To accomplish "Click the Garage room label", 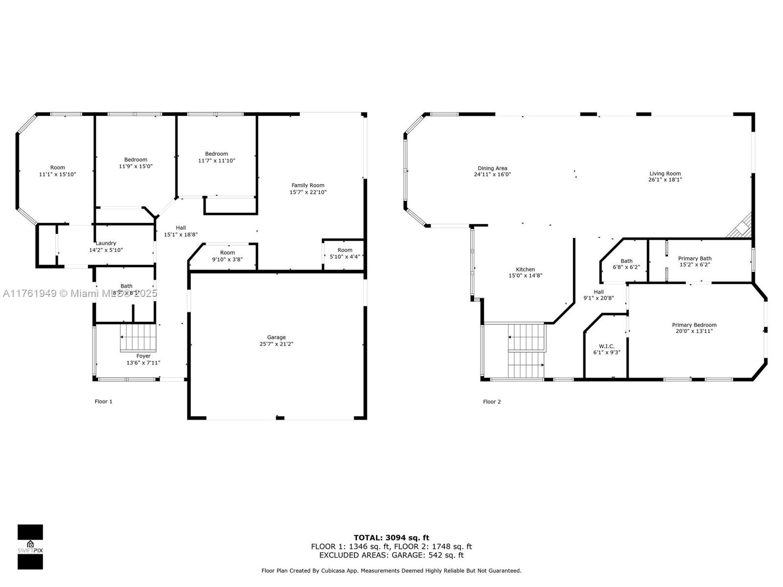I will (276, 338).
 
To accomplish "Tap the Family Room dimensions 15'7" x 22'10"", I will (308, 192).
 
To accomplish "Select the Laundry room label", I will (106, 243).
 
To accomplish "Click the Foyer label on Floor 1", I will (143, 356).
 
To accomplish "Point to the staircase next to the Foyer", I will (138, 337).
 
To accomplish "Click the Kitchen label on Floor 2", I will (525, 270).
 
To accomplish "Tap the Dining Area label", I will (492, 168).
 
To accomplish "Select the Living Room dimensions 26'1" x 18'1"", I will (665, 180).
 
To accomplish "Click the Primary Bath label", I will (694, 258).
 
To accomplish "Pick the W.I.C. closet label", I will (606, 346).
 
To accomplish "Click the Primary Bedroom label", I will (694, 325).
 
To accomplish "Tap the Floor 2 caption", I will (492, 402).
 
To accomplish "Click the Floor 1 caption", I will (103, 402).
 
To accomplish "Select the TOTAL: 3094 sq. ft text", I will (391, 538).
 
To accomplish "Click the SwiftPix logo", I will (30, 547).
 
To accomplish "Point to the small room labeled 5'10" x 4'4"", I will (345, 253).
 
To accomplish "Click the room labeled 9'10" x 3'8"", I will (227, 256).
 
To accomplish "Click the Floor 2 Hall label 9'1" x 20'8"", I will (599, 295).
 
